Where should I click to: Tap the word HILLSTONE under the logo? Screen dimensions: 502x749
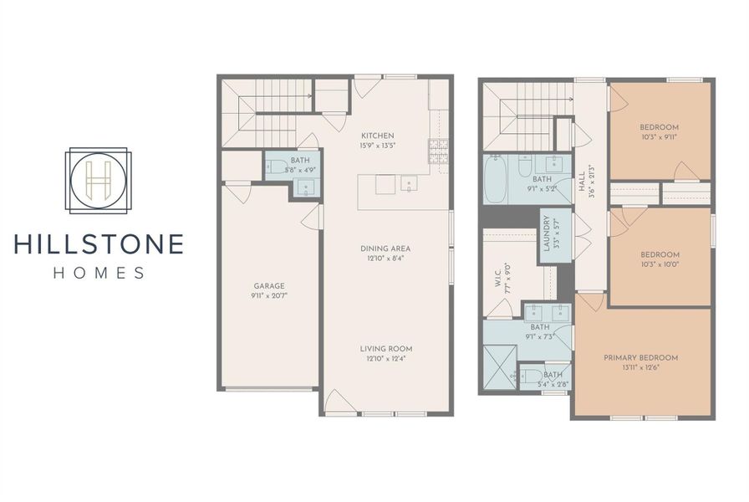pyautogui.click(x=98, y=244)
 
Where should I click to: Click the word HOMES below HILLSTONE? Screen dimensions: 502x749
pyautogui.click(x=98, y=272)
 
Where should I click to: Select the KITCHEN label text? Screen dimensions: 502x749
pyautogui.click(x=377, y=136)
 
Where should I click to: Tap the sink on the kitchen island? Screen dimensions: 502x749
pyautogui.click(x=410, y=183)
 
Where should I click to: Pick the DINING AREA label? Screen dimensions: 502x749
pyautogui.click(x=385, y=248)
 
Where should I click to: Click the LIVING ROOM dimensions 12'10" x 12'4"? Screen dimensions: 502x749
pyautogui.click(x=386, y=359)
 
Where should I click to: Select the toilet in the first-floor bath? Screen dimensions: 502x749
pyautogui.click(x=274, y=166)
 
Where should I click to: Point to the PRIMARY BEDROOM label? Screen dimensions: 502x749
pyautogui.click(x=641, y=357)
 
